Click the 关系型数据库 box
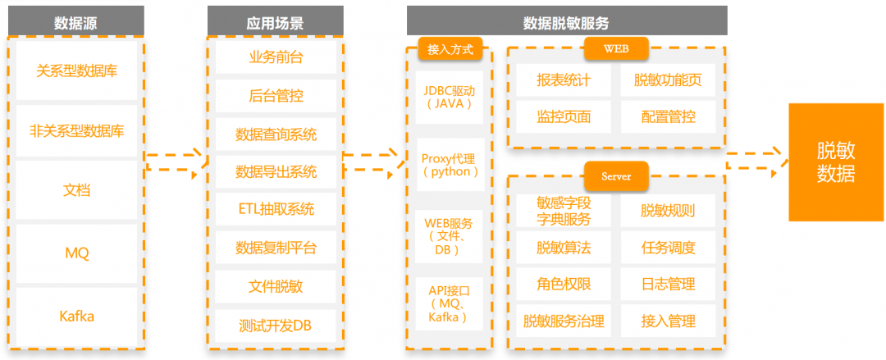[x=77, y=71]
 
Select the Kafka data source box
[x=77, y=316]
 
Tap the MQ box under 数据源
[x=77, y=253]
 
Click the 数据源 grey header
[x=76, y=21]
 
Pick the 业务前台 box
[x=276, y=57]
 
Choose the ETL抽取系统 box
[x=276, y=208]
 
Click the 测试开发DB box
[x=276, y=326]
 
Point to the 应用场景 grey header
[x=275, y=21]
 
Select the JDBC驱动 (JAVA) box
[x=449, y=97]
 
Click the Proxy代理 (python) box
[x=449, y=164]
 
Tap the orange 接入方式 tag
[x=450, y=48]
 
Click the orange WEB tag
[x=616, y=48]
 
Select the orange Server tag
[x=616, y=175]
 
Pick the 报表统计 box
[x=563, y=80]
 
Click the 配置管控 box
[x=668, y=117]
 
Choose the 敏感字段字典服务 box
[x=563, y=211]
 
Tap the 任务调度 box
[x=668, y=248]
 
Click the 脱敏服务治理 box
[x=563, y=321]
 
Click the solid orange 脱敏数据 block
[x=835, y=162]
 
